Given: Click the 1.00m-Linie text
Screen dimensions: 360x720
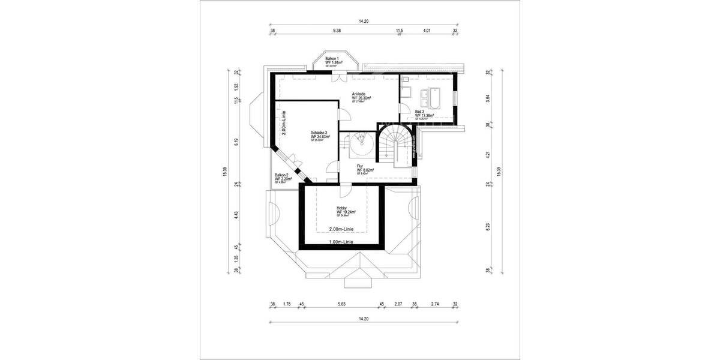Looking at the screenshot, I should (x=341, y=242).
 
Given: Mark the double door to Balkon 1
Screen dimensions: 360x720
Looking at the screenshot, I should (x=339, y=77).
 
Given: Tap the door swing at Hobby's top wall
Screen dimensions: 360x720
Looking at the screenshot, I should (x=344, y=191).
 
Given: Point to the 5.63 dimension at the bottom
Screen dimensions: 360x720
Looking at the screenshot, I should (x=341, y=304).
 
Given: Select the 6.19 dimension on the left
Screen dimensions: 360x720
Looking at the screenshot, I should (x=237, y=142).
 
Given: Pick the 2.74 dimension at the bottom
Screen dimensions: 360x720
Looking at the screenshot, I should (x=436, y=304).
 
